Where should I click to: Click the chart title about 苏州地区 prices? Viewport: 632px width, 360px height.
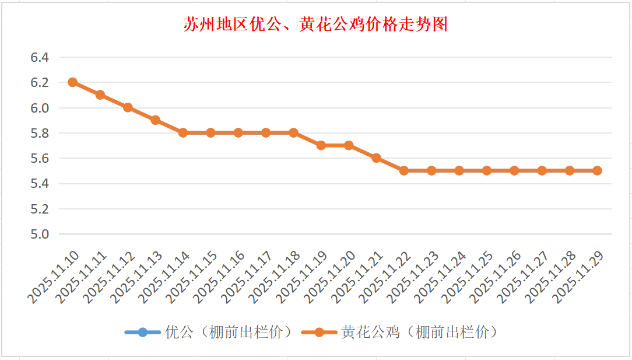(x=315, y=25)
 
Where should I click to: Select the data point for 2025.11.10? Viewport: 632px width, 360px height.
(x=73, y=82)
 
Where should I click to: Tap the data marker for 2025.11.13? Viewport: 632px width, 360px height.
(x=156, y=120)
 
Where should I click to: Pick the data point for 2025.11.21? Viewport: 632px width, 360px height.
(x=377, y=158)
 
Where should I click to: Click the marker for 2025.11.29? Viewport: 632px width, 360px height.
(x=597, y=170)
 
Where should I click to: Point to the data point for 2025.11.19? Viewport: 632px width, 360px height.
(x=321, y=145)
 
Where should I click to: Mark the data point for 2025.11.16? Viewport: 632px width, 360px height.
(x=238, y=132)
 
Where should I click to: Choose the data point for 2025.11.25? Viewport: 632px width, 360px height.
(x=487, y=170)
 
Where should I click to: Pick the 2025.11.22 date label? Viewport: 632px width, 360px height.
(x=386, y=278)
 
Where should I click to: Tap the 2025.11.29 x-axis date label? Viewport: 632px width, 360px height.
(x=579, y=278)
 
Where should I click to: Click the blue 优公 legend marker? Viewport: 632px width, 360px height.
(x=143, y=333)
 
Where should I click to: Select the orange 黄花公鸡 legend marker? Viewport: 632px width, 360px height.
(x=319, y=333)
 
